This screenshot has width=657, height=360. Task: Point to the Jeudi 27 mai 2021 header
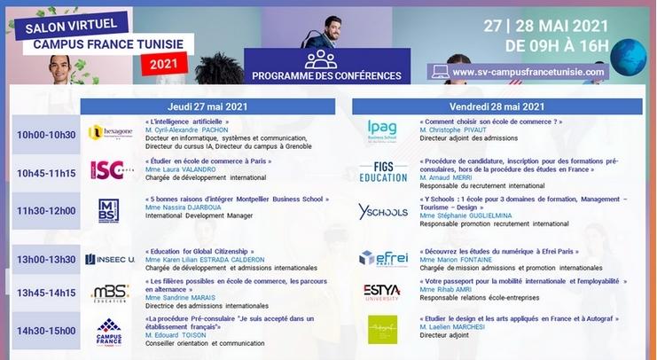pos(207,106)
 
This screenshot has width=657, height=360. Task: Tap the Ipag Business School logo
pos(382,131)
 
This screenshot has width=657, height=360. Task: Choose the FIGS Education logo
pos(383,171)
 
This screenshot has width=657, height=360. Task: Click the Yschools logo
pos(382,211)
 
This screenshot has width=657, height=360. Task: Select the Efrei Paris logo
pos(383,258)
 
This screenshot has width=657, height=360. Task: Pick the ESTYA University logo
pos(382,292)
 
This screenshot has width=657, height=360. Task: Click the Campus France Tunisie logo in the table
pos(109,332)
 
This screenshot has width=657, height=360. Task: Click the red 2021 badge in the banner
pos(163,65)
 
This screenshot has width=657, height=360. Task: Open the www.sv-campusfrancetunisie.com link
pos(528,72)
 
